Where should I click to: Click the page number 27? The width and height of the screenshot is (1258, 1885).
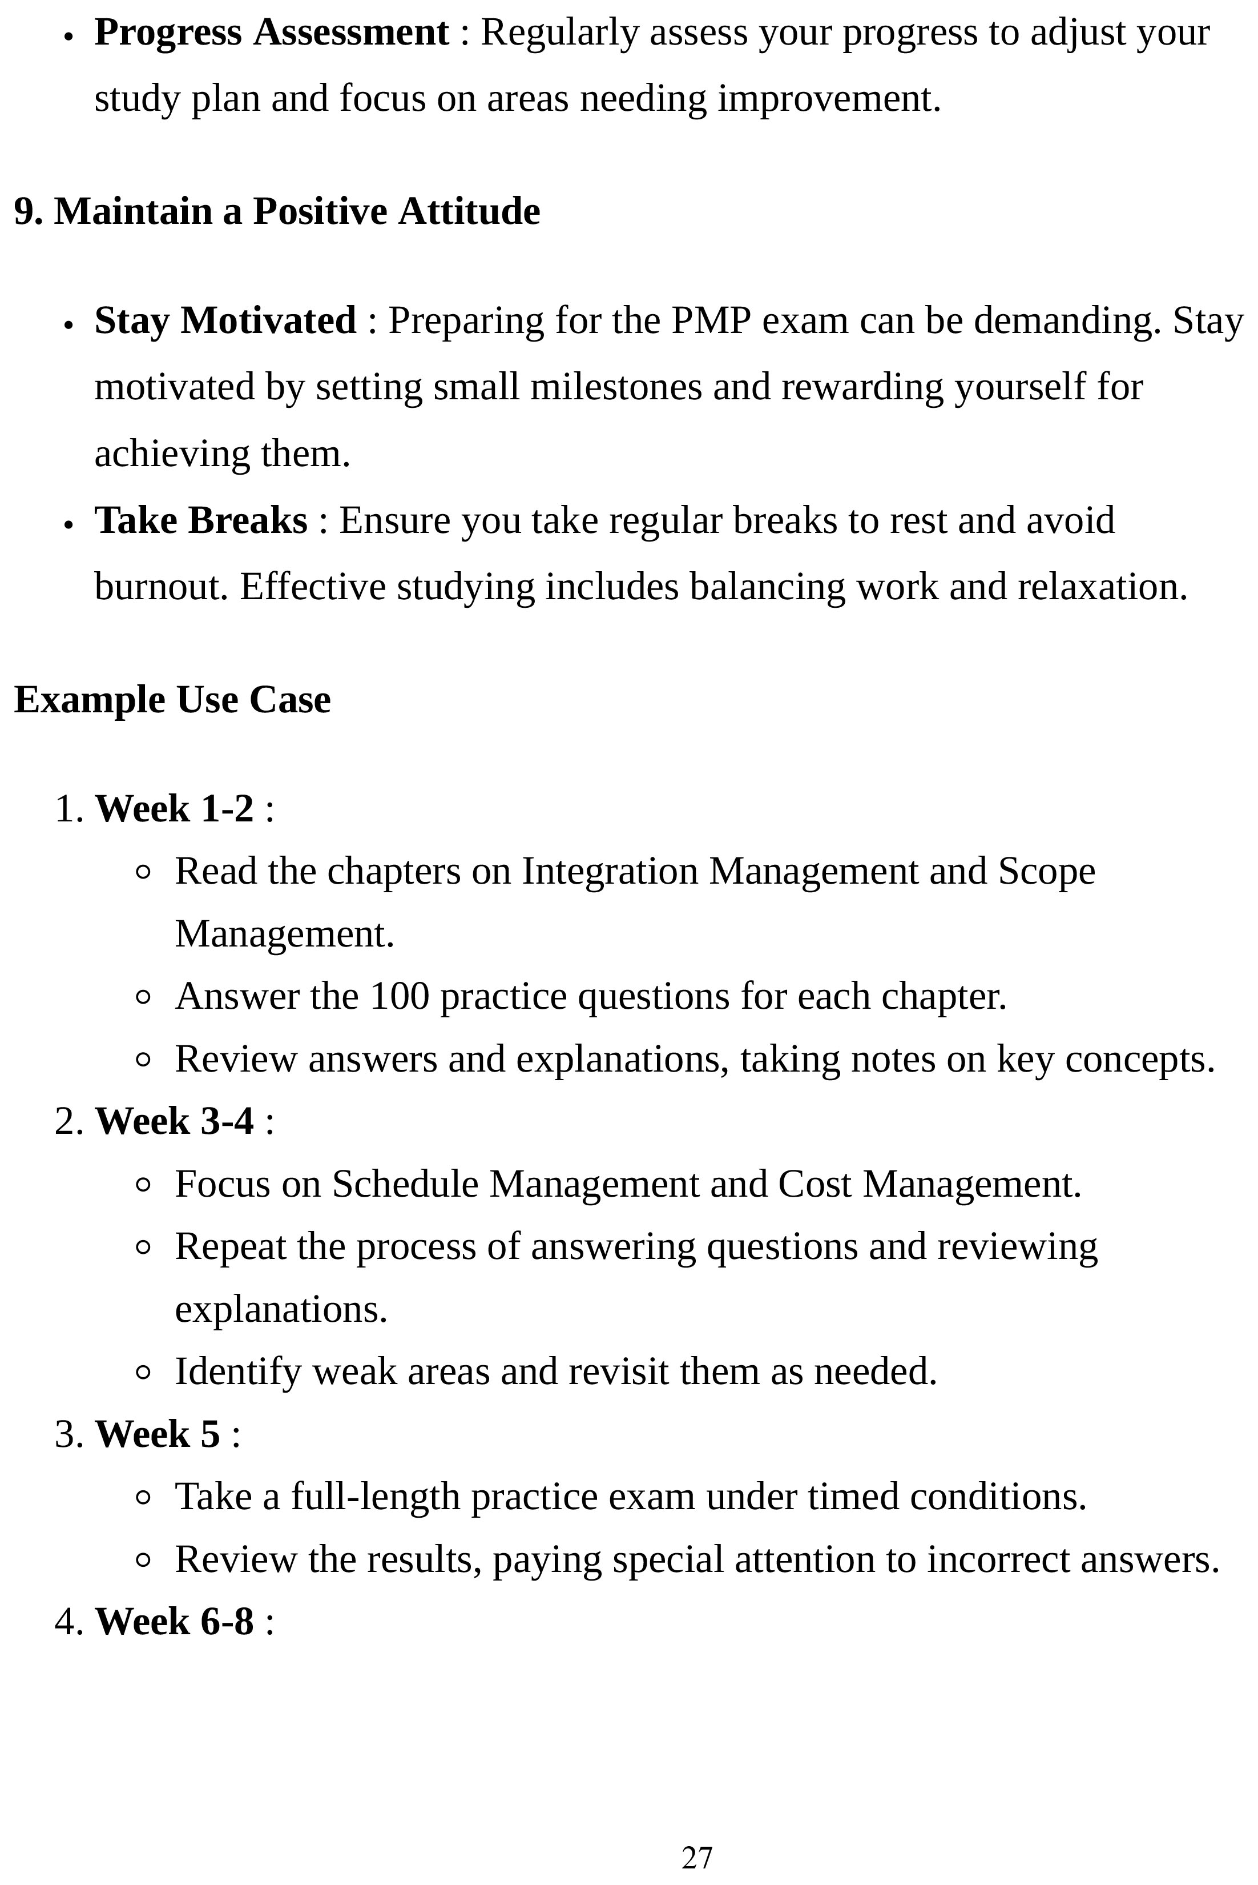click(x=696, y=1858)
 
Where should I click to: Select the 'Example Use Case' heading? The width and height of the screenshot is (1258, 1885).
click(x=172, y=700)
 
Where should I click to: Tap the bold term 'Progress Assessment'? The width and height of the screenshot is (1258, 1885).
click(x=271, y=34)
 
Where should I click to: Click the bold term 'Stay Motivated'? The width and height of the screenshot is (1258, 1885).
click(x=225, y=321)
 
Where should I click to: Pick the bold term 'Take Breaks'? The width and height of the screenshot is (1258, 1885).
click(x=200, y=521)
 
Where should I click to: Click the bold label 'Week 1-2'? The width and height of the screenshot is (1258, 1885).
click(x=174, y=808)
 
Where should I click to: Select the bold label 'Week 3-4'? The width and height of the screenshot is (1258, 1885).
click(x=174, y=1121)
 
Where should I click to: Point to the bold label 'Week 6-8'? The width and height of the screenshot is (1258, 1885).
click(x=174, y=1621)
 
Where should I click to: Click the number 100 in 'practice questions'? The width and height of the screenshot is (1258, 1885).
click(x=400, y=997)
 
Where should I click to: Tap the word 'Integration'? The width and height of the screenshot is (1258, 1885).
click(x=610, y=872)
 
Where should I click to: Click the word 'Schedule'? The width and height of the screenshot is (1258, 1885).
click(x=405, y=1185)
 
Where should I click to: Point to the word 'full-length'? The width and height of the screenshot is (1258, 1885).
click(x=374, y=1497)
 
